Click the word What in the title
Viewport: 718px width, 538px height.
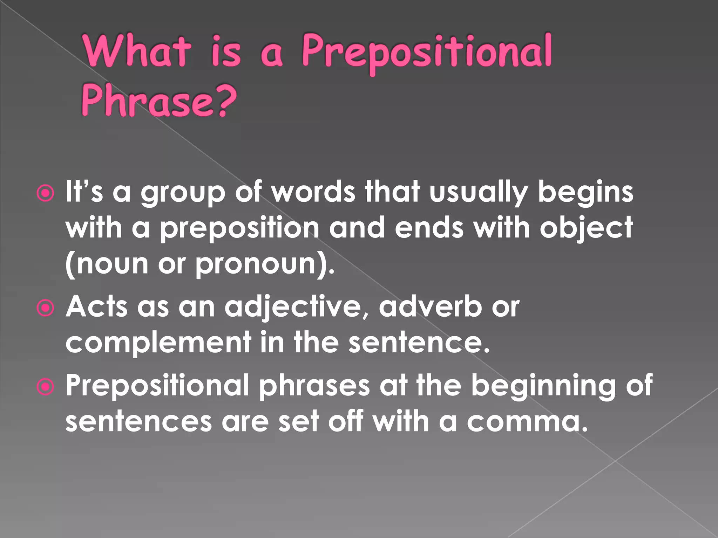(x=137, y=51)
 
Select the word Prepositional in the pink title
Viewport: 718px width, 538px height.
(x=426, y=53)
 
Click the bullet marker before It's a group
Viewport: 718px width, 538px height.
(x=46, y=194)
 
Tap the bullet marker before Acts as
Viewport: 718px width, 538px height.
(x=46, y=308)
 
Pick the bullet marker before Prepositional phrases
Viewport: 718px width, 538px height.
(x=46, y=387)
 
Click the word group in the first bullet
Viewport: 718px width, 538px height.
(x=183, y=194)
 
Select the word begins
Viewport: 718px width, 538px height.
(x=585, y=194)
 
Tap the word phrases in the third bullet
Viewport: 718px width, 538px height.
(x=314, y=386)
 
